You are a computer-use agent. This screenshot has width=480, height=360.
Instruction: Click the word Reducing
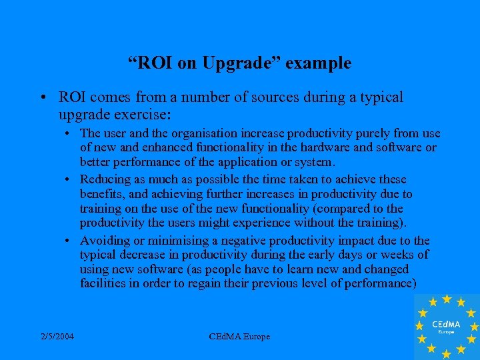click(x=104, y=179)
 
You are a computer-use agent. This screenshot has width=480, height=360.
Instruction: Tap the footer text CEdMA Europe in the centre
click(x=239, y=337)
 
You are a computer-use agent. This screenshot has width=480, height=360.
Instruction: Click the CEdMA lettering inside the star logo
click(x=445, y=323)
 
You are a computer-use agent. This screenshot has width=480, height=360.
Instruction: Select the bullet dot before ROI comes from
click(x=42, y=98)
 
